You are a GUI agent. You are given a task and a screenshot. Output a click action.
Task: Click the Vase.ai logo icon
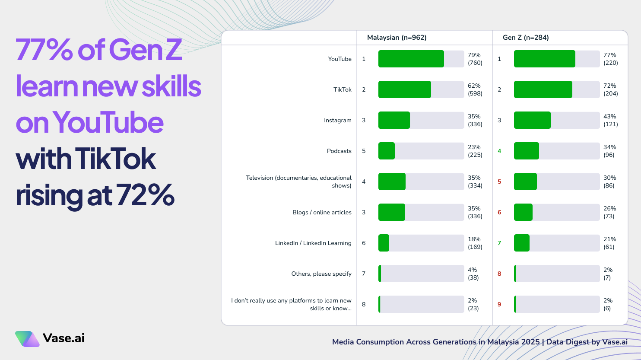[x=27, y=339]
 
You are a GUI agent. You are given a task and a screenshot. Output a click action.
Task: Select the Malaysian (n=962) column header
[x=397, y=38]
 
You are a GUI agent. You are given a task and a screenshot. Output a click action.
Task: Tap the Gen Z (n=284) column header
[x=526, y=38]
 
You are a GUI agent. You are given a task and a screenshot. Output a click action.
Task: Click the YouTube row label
[x=340, y=59]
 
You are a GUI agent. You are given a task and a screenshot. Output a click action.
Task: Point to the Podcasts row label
[x=339, y=151]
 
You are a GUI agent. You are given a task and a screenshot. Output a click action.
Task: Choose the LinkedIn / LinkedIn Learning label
[x=313, y=243]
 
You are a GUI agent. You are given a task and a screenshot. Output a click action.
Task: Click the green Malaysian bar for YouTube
[x=411, y=59]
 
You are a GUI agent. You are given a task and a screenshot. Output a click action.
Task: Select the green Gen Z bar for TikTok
[x=543, y=89]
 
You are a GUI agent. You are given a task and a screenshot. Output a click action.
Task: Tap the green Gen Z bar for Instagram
[x=532, y=120]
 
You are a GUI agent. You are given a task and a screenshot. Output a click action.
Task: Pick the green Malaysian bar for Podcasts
[x=387, y=151]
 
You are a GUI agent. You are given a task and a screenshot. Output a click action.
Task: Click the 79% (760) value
[x=475, y=59]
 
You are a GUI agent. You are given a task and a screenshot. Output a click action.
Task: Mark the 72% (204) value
[x=610, y=89]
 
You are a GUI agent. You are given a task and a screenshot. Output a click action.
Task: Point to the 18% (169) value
[x=475, y=243]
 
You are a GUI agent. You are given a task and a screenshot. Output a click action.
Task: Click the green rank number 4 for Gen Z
[x=499, y=151]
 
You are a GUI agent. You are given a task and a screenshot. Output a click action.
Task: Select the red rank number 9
[x=499, y=304]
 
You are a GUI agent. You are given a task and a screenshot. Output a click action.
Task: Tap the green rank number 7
[x=499, y=243]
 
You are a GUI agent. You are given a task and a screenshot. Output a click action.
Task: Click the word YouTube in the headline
[x=108, y=123]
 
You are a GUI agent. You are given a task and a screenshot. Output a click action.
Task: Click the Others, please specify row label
[x=321, y=274]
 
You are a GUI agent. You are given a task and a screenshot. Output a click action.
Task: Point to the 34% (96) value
[x=609, y=151]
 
